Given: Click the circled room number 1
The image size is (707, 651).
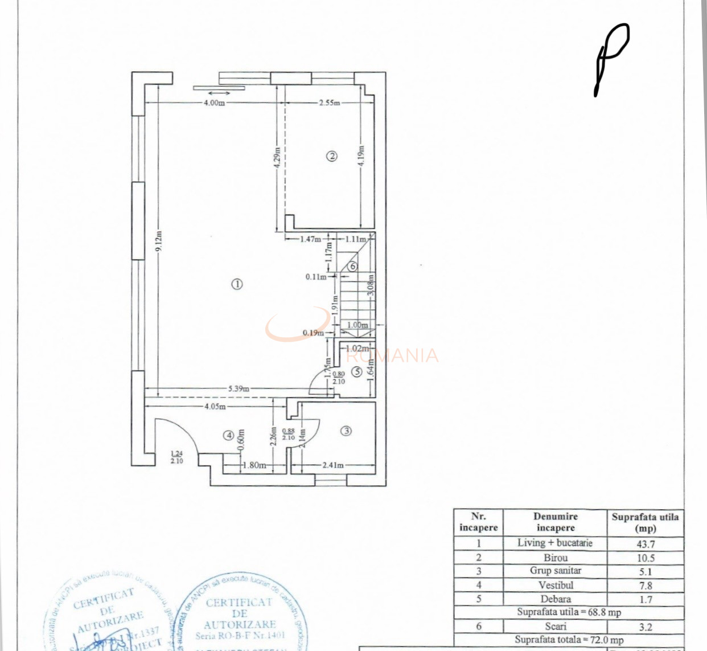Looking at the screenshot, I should click(237, 284).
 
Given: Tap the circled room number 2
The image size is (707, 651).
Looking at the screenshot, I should click(331, 156).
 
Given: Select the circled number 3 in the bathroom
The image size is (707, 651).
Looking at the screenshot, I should click(346, 431).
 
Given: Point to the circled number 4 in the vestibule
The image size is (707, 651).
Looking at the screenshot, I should click(229, 435).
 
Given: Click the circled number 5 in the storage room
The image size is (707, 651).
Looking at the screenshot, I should click(357, 372).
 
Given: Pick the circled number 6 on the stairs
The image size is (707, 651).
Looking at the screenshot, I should click(352, 266).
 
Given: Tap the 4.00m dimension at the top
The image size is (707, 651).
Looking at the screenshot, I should click(214, 103).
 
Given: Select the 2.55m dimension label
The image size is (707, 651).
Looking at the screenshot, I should click(329, 103).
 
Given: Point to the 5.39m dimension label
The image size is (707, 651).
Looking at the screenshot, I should click(239, 389).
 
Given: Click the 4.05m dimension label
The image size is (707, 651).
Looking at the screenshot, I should click(215, 407).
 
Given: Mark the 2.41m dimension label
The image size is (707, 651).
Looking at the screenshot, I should click(333, 465).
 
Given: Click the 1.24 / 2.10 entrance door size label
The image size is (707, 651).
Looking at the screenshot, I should click(176, 457).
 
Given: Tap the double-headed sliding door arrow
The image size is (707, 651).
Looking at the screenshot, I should click(219, 93).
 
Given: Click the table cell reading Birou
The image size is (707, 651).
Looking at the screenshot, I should click(555, 558).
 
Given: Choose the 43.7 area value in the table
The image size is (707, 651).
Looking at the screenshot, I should click(645, 544).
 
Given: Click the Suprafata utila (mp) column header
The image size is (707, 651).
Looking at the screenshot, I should click(645, 522).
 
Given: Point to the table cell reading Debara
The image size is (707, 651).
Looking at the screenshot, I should click(555, 599).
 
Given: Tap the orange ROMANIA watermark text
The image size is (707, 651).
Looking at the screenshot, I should click(393, 356).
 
